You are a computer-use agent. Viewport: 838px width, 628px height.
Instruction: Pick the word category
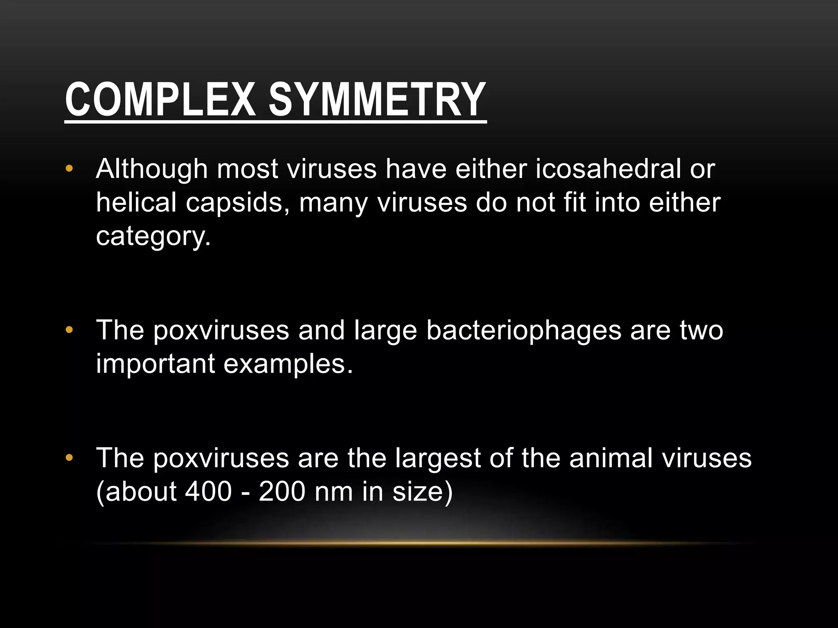153,236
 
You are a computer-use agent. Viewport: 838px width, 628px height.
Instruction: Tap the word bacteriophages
523,330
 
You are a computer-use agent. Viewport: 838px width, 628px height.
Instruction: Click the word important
155,363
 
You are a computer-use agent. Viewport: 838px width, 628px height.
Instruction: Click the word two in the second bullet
701,330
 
